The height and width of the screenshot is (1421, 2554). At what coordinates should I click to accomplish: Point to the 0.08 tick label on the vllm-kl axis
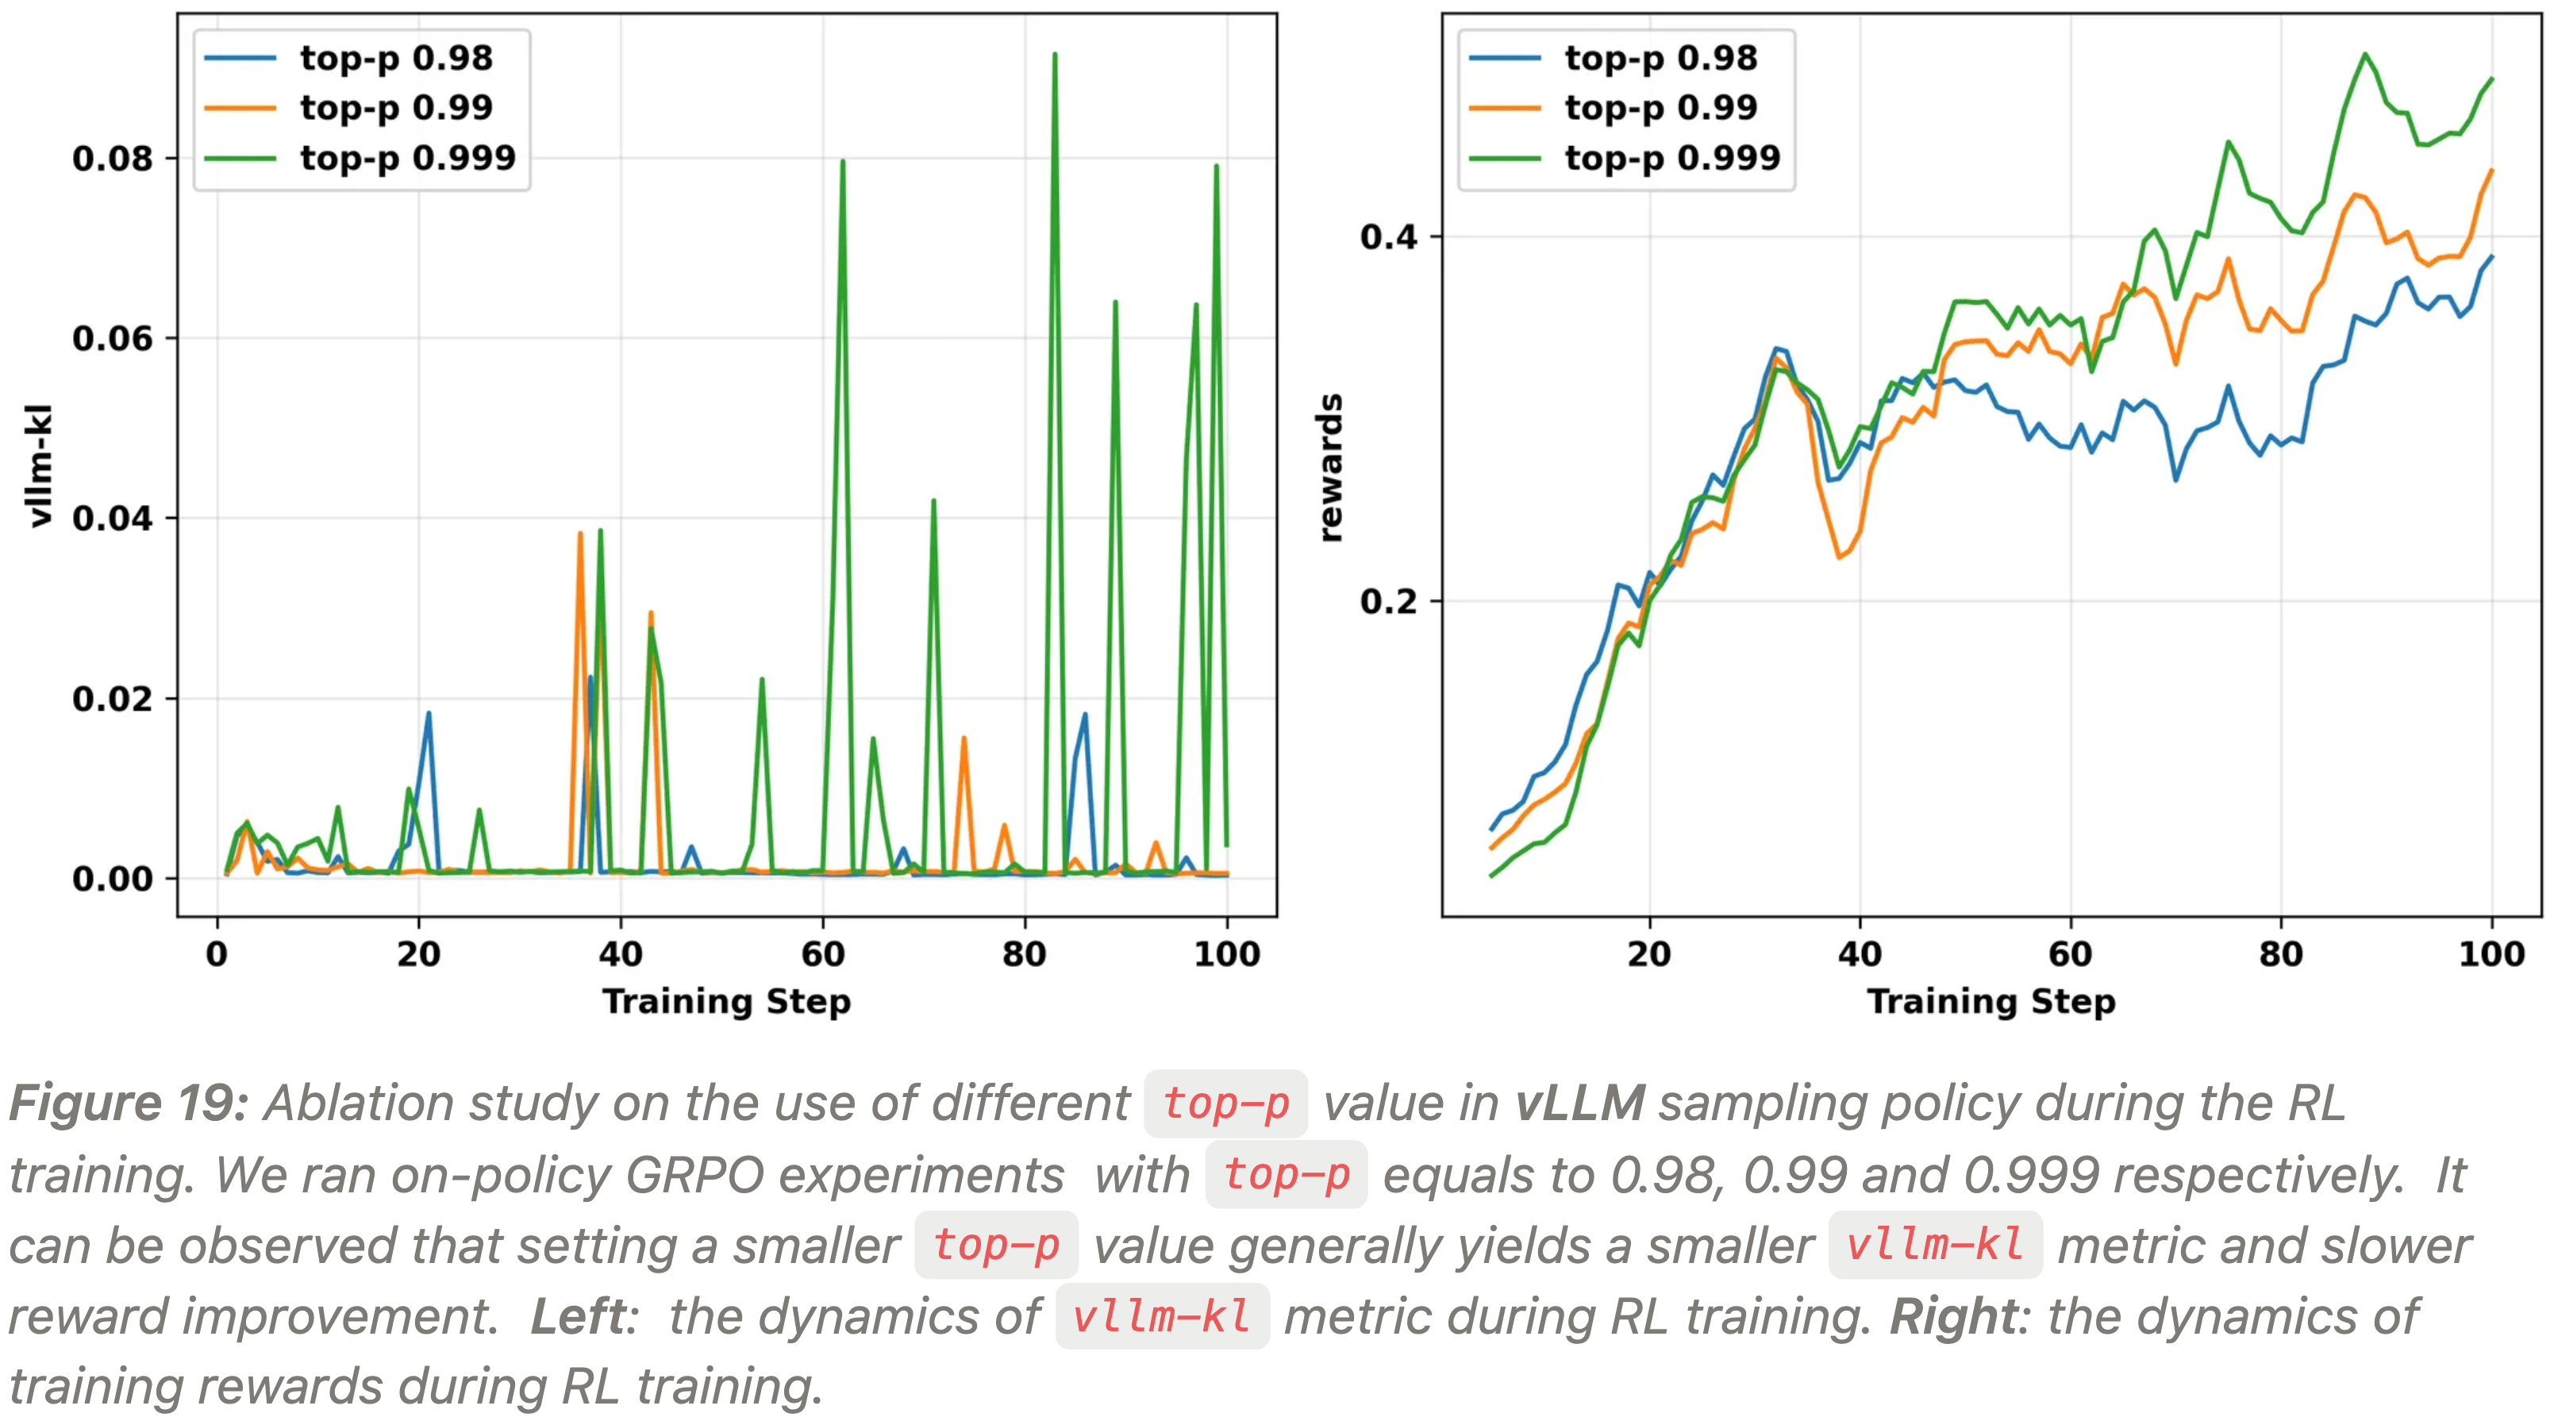pos(112,159)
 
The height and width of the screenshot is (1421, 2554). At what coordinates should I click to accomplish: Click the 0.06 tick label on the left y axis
pos(112,339)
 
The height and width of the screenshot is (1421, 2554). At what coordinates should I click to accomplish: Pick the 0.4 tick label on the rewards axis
pos(1388,237)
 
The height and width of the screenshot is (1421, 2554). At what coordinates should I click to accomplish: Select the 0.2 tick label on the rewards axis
pos(1388,601)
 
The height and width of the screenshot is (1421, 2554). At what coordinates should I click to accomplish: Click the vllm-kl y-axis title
pos(40,465)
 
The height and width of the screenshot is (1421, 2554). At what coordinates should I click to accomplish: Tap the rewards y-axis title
pos(1330,467)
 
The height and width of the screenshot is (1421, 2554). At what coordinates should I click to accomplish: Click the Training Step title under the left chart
pos(725,1002)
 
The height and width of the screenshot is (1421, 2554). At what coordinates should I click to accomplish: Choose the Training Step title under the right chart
pos(1991,1002)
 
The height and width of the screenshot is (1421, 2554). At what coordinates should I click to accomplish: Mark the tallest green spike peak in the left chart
pos(1054,55)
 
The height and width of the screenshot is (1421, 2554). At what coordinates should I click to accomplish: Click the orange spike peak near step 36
pos(580,533)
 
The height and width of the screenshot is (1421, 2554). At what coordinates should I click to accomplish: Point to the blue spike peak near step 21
pos(429,712)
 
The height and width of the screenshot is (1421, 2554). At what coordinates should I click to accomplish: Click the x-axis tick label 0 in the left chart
pos(216,954)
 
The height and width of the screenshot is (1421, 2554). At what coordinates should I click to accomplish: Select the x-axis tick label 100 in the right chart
pos(2491,954)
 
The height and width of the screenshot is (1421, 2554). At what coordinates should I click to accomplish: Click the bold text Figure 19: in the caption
pos(128,1103)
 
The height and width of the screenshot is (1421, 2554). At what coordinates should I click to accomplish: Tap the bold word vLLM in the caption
pos(1579,1103)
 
